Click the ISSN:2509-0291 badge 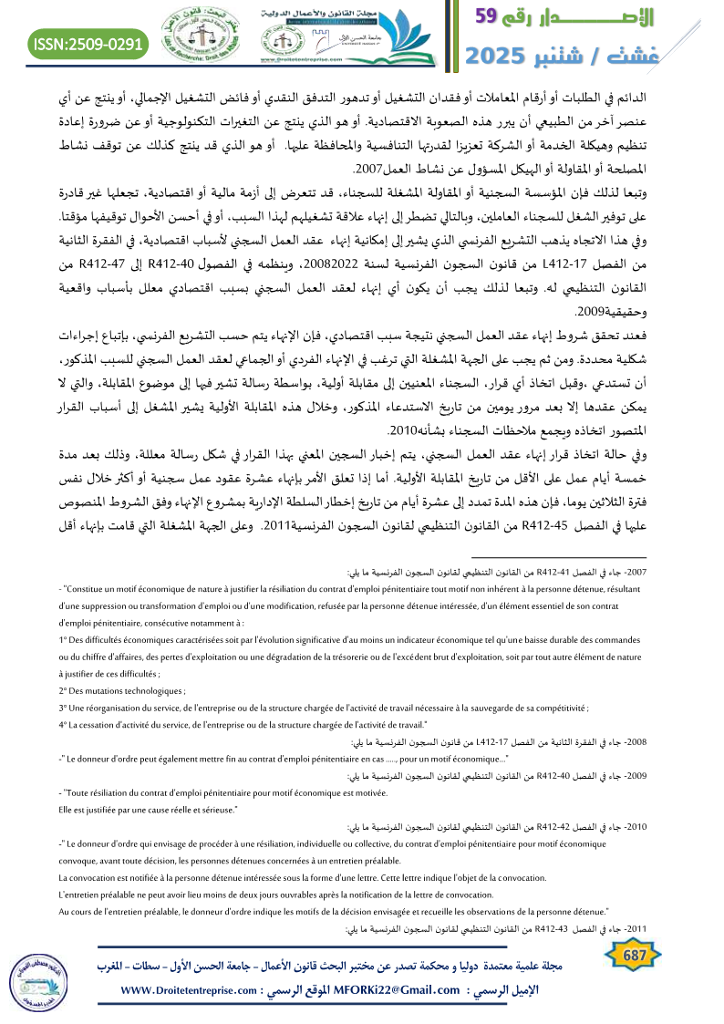click(x=88, y=43)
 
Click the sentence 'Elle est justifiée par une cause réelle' click(x=147, y=809)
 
